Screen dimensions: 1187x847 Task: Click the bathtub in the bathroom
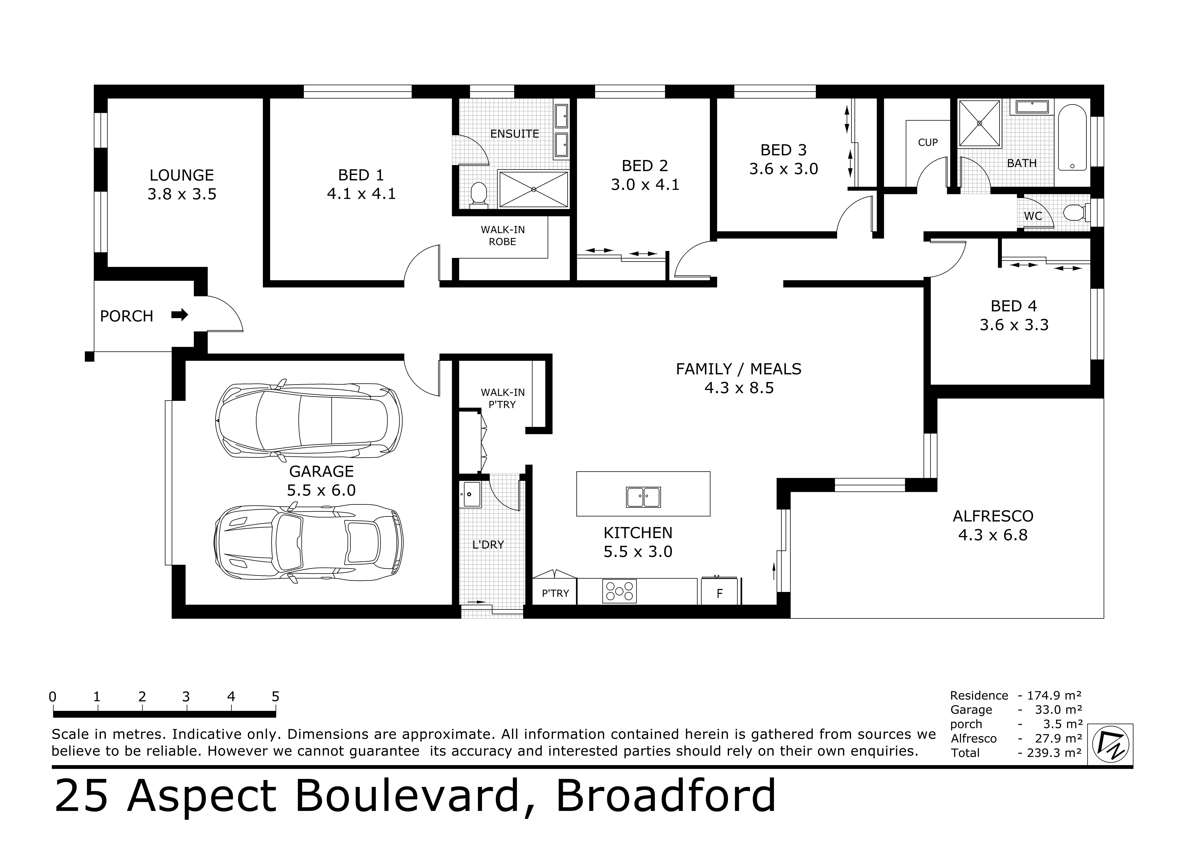(x=1072, y=139)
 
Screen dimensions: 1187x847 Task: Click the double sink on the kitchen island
(x=643, y=497)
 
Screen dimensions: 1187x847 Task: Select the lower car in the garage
(x=309, y=543)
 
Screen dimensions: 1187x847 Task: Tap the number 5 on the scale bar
(x=275, y=696)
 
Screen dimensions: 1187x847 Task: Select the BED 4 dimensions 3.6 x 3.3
(x=1014, y=324)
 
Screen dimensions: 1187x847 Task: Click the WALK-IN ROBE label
(x=502, y=235)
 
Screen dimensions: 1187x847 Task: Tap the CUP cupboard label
(x=928, y=142)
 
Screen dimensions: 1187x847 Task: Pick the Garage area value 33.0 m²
(x=1058, y=709)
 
